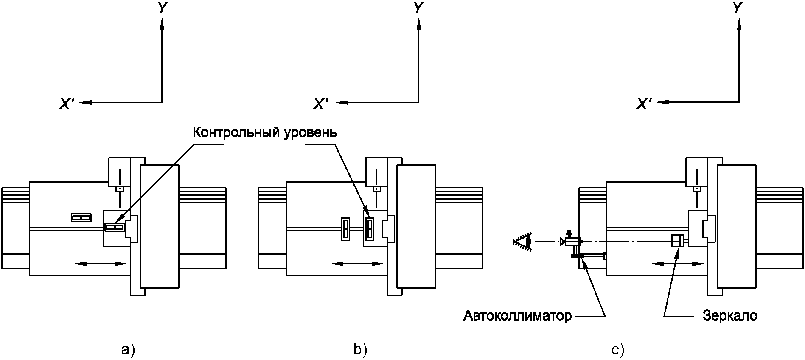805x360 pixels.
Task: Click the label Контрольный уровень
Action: pyautogui.click(x=264, y=132)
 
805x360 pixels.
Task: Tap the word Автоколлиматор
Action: pyautogui.click(x=517, y=316)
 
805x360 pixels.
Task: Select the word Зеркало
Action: pyautogui.click(x=730, y=316)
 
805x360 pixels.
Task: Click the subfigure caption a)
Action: pyautogui.click(x=128, y=350)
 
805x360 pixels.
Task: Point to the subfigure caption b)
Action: pyautogui.click(x=360, y=350)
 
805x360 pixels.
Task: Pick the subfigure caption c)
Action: pyautogui.click(x=618, y=350)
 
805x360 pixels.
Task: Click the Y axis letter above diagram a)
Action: pyautogui.click(x=162, y=8)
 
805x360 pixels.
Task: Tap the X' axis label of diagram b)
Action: pyautogui.click(x=321, y=104)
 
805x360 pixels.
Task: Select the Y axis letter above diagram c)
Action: pyautogui.click(x=738, y=8)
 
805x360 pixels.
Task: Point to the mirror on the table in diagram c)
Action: pyautogui.click(x=677, y=241)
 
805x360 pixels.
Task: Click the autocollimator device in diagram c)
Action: pyautogui.click(x=571, y=242)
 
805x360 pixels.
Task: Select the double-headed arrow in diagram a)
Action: pyautogui.click(x=101, y=264)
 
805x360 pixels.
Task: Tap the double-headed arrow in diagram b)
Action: pyautogui.click(x=357, y=264)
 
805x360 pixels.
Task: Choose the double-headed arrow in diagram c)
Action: pyautogui.click(x=678, y=264)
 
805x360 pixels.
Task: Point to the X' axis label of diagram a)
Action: pyautogui.click(x=67, y=104)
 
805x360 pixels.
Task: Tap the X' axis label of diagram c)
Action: pyautogui.click(x=644, y=104)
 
